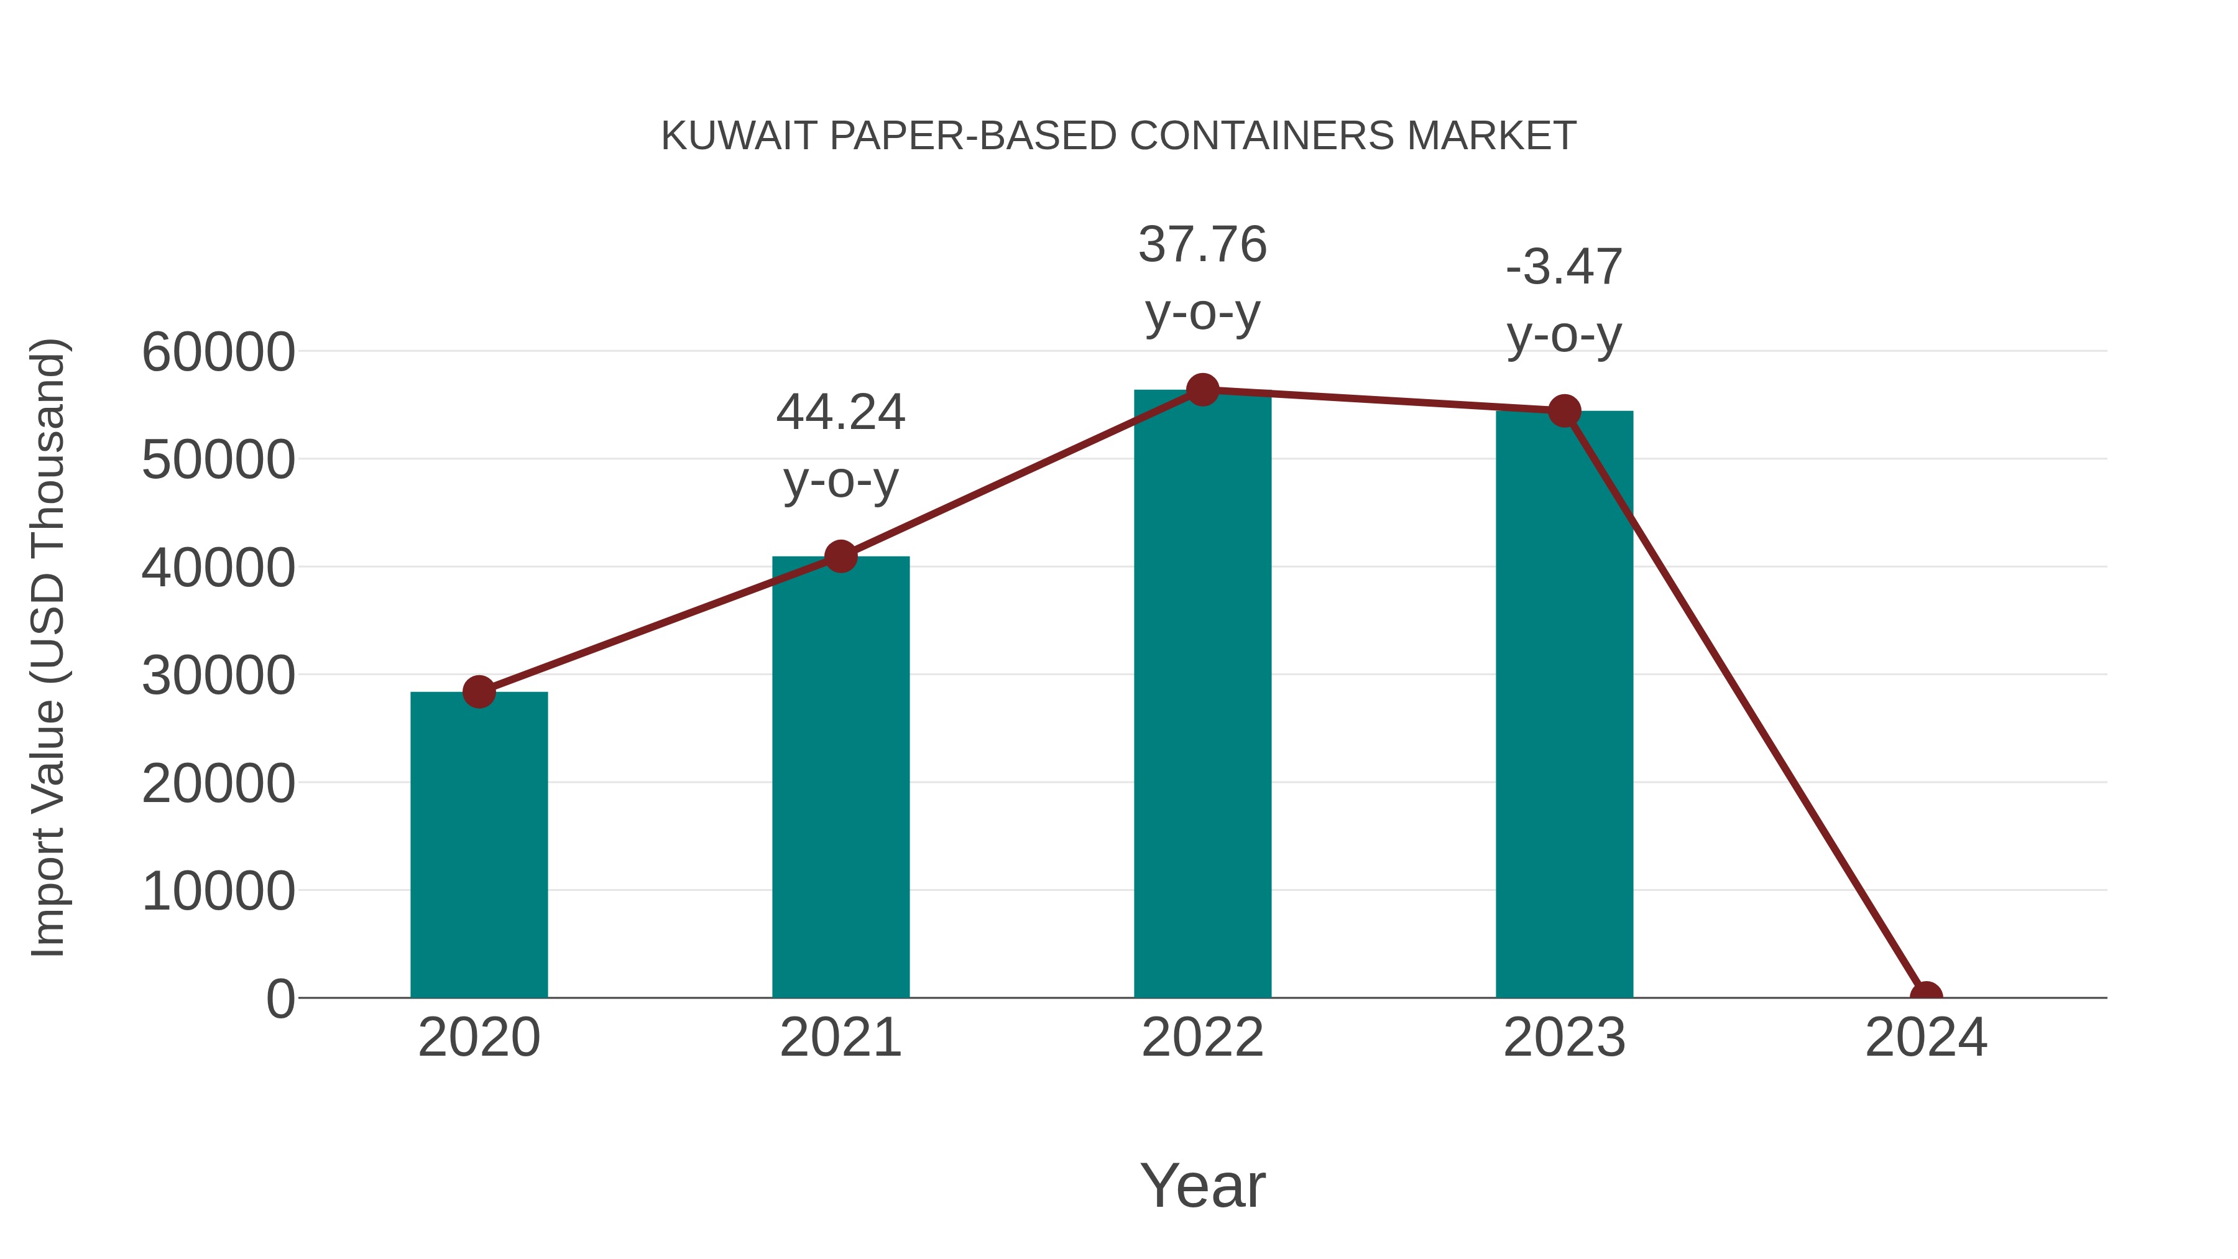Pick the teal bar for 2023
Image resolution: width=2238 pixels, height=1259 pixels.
(x=1564, y=704)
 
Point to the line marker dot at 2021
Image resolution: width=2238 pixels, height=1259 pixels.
(x=840, y=556)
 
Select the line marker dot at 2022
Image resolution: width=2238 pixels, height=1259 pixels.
(x=1202, y=390)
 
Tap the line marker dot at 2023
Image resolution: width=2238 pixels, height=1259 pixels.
(x=1564, y=411)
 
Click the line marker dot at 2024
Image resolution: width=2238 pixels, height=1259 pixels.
(x=1926, y=996)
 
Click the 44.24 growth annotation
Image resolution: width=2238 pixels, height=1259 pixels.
(x=840, y=445)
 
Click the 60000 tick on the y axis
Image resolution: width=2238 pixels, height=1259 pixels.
(x=218, y=353)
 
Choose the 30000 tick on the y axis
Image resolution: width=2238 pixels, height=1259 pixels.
(x=218, y=676)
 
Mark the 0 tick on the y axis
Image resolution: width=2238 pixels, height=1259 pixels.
(x=280, y=999)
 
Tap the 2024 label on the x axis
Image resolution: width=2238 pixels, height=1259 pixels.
(x=1926, y=1038)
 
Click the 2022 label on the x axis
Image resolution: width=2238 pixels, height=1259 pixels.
(x=1202, y=1038)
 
